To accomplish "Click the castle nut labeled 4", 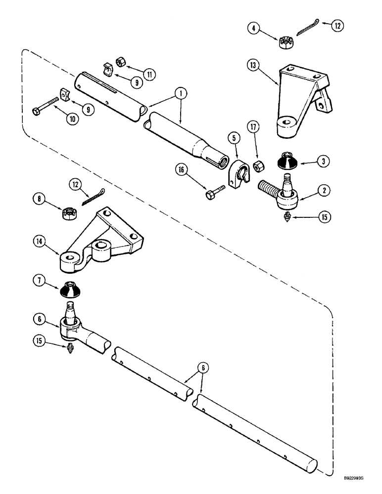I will point(285,42).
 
